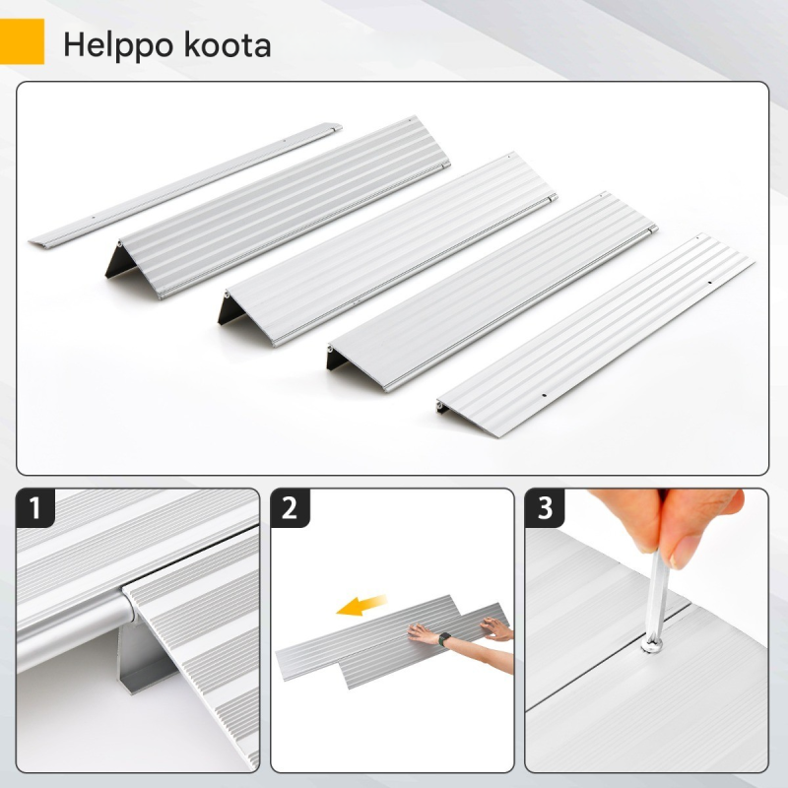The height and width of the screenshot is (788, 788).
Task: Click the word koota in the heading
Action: click(x=228, y=44)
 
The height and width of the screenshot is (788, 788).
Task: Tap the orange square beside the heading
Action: click(x=22, y=41)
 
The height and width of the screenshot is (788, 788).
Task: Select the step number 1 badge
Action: click(x=34, y=507)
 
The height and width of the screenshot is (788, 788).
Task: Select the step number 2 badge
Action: click(x=290, y=507)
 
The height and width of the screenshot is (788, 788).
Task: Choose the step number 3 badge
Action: click(x=545, y=507)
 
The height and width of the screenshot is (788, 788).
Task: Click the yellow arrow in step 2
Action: click(x=361, y=605)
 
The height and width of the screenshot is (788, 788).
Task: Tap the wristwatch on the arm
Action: click(x=444, y=639)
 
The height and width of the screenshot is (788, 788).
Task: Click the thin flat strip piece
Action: click(x=185, y=184)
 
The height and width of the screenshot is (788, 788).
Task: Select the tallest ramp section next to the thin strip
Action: click(x=278, y=207)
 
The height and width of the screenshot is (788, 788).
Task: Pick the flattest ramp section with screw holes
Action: click(x=595, y=335)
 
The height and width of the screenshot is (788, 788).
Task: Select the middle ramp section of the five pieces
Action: click(x=387, y=250)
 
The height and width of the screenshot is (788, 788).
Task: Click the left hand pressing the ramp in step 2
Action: click(x=424, y=633)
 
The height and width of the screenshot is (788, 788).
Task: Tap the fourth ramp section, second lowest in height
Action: click(x=492, y=292)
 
